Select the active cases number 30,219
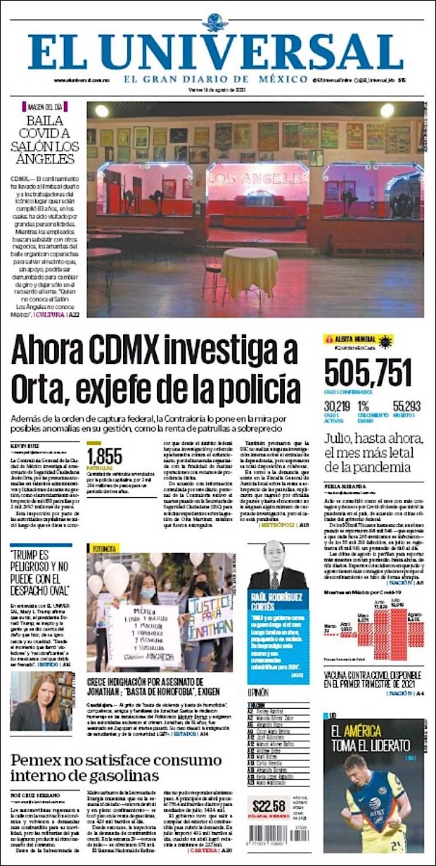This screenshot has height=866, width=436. pyautogui.click(x=337, y=406)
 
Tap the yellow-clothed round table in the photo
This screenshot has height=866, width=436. pyautogui.click(x=250, y=271)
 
